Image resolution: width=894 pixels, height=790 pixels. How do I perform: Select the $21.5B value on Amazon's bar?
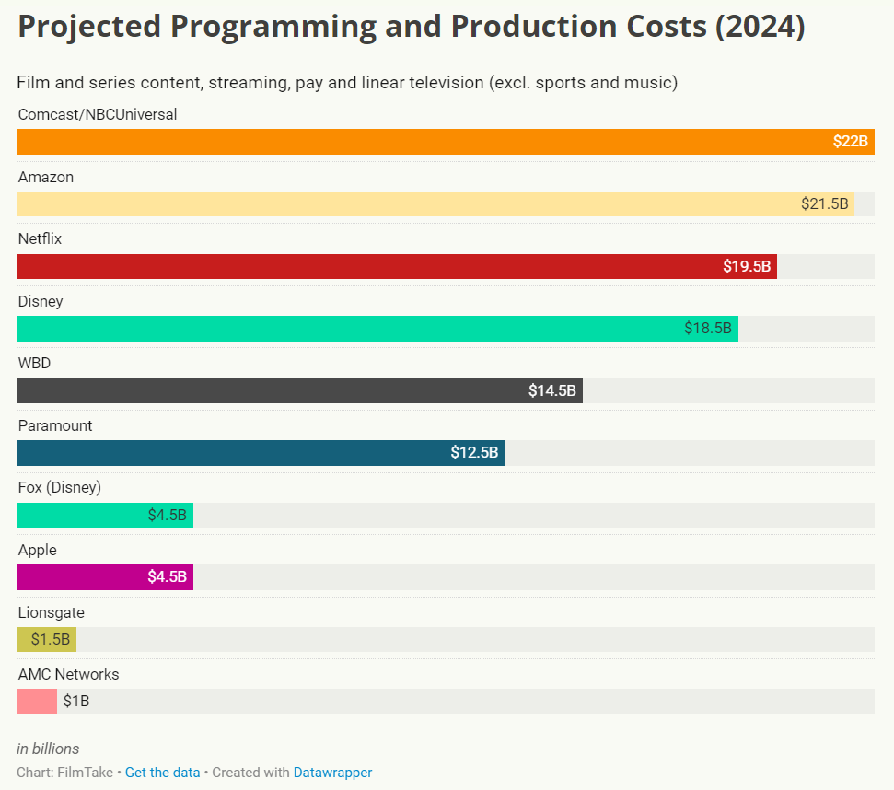coord(824,204)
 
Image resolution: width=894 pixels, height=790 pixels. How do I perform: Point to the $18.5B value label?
coord(707,329)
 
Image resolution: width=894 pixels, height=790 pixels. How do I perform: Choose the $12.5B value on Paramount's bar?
coord(474,453)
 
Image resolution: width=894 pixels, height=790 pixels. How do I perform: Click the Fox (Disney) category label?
coord(60,488)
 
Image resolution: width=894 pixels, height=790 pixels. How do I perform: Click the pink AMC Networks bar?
coord(37,702)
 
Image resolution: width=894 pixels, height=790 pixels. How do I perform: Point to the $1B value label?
coord(76,702)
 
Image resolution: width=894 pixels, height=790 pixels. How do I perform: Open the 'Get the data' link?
coord(162,773)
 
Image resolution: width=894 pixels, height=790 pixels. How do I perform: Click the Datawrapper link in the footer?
coord(332,773)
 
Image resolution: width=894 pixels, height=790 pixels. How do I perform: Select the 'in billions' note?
coord(48,749)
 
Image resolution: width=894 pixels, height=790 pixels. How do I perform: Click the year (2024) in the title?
coord(760,27)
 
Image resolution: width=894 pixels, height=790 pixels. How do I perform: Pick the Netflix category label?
coord(40,238)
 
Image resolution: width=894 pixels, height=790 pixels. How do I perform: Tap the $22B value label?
coord(850,142)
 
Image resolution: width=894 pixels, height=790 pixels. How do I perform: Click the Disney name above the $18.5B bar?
coord(41,301)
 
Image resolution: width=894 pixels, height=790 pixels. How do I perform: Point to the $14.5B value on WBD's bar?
coord(551,391)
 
